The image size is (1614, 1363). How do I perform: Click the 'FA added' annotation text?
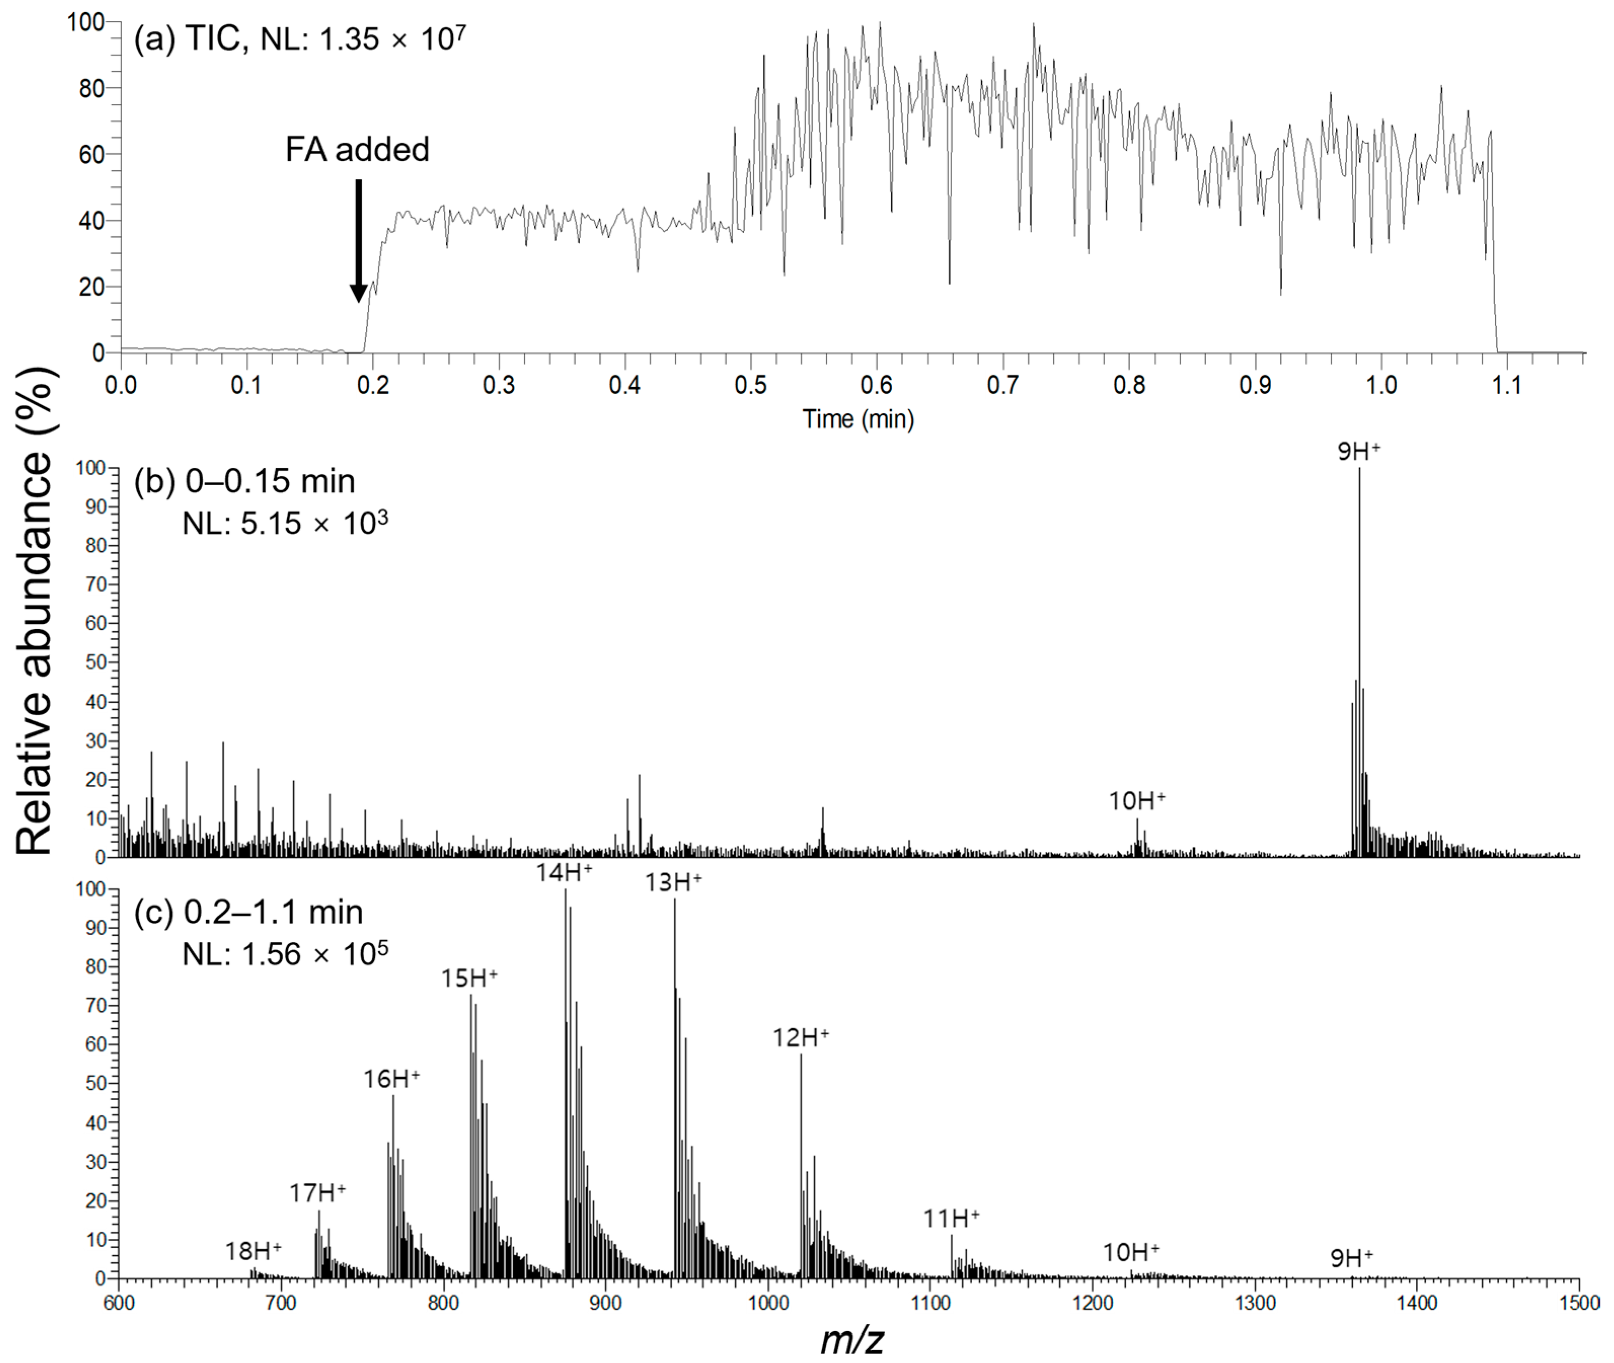pos(357,149)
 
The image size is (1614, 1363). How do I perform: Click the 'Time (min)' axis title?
pos(858,419)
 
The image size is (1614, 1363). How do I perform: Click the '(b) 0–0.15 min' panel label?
pos(244,482)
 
